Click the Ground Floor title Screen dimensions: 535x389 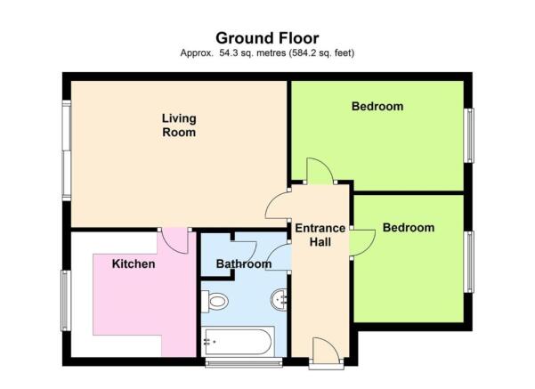pos(267,38)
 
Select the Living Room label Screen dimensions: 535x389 pos(179,126)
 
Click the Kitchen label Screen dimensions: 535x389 pos(134,263)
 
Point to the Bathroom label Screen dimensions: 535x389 pos(244,263)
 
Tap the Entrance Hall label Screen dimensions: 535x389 pos(320,235)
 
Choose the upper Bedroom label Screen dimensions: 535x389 pos(377,106)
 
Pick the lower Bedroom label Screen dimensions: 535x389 pos(409,228)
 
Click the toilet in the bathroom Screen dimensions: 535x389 pos(215,301)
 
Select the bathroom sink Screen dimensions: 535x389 pos(280,300)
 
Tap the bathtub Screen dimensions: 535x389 pos(238,342)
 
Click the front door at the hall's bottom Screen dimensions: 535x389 pos(326,350)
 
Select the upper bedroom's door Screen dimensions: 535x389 pos(320,171)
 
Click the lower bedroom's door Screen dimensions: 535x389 pos(362,242)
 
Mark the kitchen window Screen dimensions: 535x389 pos(66,301)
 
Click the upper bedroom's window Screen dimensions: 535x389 pos(469,135)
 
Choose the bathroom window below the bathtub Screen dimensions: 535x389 pos(244,362)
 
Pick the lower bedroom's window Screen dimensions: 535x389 pos(469,262)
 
